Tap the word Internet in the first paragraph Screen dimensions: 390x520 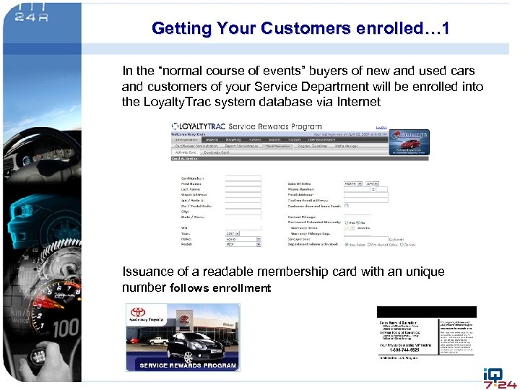[x=354, y=102]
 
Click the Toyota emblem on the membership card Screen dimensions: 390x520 [x=138, y=313]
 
